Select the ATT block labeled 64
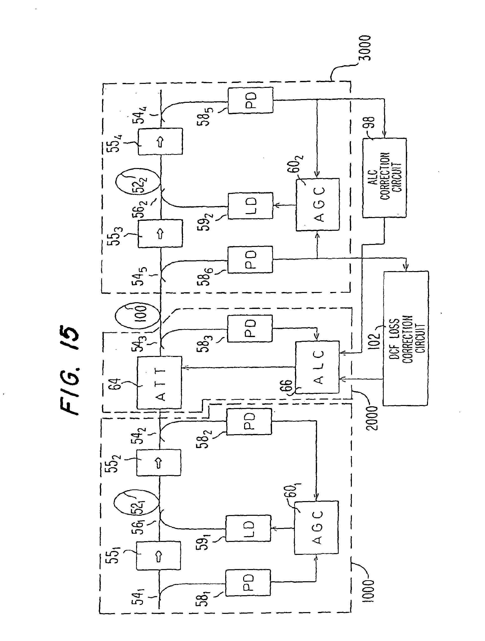[159, 383]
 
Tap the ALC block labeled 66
[317, 367]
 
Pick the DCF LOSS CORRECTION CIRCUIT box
[406, 338]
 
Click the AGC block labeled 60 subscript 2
[318, 204]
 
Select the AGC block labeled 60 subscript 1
[316, 528]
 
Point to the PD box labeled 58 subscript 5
[250, 100]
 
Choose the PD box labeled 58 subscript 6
[250, 260]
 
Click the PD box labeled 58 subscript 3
[250, 329]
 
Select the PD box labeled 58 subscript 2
[249, 422]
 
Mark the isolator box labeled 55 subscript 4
[160, 141]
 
